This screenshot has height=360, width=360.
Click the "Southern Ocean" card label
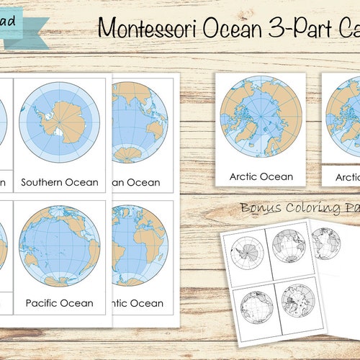pyautogui.click(x=59, y=182)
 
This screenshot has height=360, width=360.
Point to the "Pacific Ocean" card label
pyautogui.click(x=59, y=303)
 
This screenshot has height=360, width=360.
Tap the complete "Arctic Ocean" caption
pyautogui.click(x=261, y=176)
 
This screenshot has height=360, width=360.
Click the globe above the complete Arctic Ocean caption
pyautogui.click(x=261, y=115)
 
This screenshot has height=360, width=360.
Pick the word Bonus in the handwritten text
pyautogui.click(x=260, y=208)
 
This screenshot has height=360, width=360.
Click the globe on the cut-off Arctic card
pyautogui.click(x=344, y=115)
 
